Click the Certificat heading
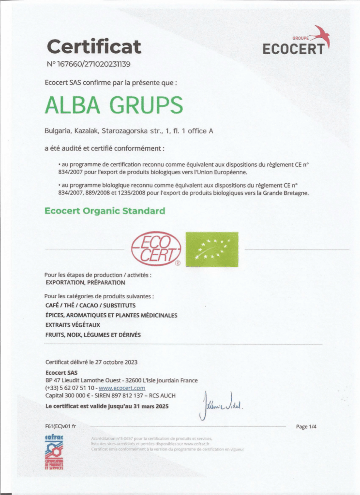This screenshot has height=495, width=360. point(94,47)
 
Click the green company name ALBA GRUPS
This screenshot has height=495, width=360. point(114,105)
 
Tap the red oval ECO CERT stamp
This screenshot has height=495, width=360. point(157,249)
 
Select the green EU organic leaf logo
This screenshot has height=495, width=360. point(212,249)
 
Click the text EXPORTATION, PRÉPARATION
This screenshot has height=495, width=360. point(85,282)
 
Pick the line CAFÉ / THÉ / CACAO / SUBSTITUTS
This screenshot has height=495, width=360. point(90,306)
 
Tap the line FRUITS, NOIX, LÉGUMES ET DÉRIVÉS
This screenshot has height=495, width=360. point(93,335)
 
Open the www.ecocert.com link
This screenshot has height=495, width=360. point(122,388)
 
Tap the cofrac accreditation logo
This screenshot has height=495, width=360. point(54,452)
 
